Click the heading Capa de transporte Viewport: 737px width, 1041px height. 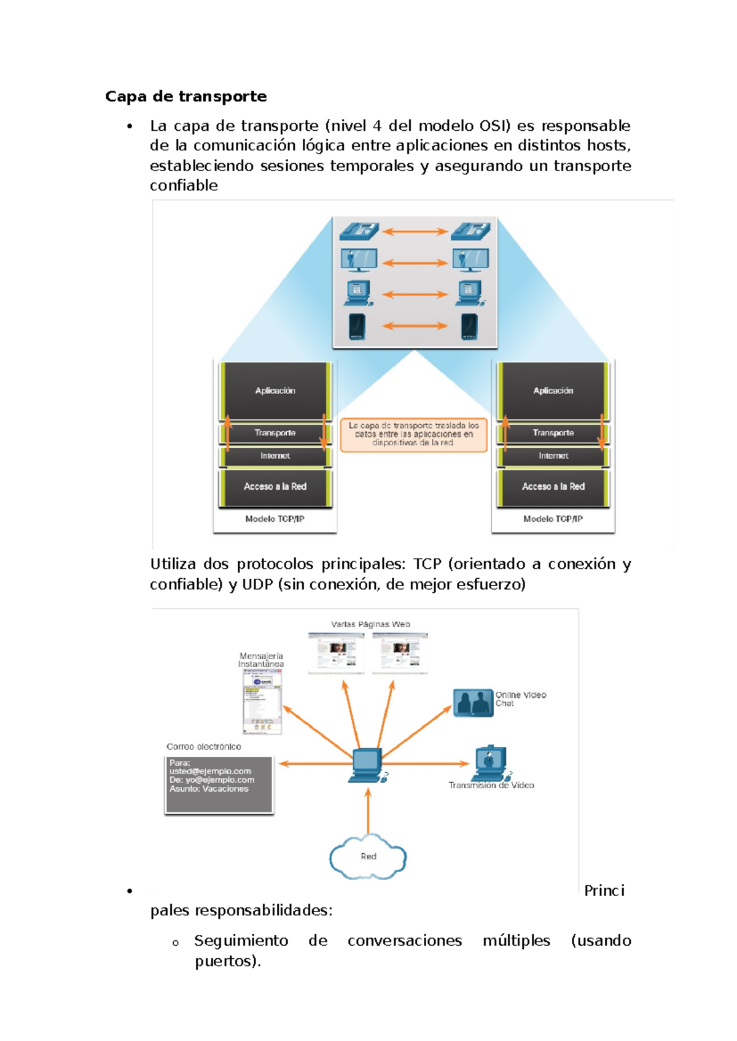(185, 96)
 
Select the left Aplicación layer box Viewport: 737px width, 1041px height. (275, 390)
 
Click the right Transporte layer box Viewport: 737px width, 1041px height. (553, 433)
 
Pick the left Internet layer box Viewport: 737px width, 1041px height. (275, 456)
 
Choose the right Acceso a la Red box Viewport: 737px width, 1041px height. (553, 486)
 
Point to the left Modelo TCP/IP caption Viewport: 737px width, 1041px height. (275, 519)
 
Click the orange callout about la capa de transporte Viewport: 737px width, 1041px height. (413, 434)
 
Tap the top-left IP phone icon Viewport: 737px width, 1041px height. (359, 232)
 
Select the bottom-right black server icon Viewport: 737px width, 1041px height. (469, 326)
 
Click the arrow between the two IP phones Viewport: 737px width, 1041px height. (415, 232)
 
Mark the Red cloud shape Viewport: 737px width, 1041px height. (368, 857)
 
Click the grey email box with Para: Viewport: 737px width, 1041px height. (219, 784)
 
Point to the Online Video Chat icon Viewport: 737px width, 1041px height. (473, 703)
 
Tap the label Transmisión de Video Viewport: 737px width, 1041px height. (491, 786)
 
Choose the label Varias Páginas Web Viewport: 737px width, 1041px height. (370, 624)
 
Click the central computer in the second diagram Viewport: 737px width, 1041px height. (366, 765)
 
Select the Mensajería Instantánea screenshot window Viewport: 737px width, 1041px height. (262, 702)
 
